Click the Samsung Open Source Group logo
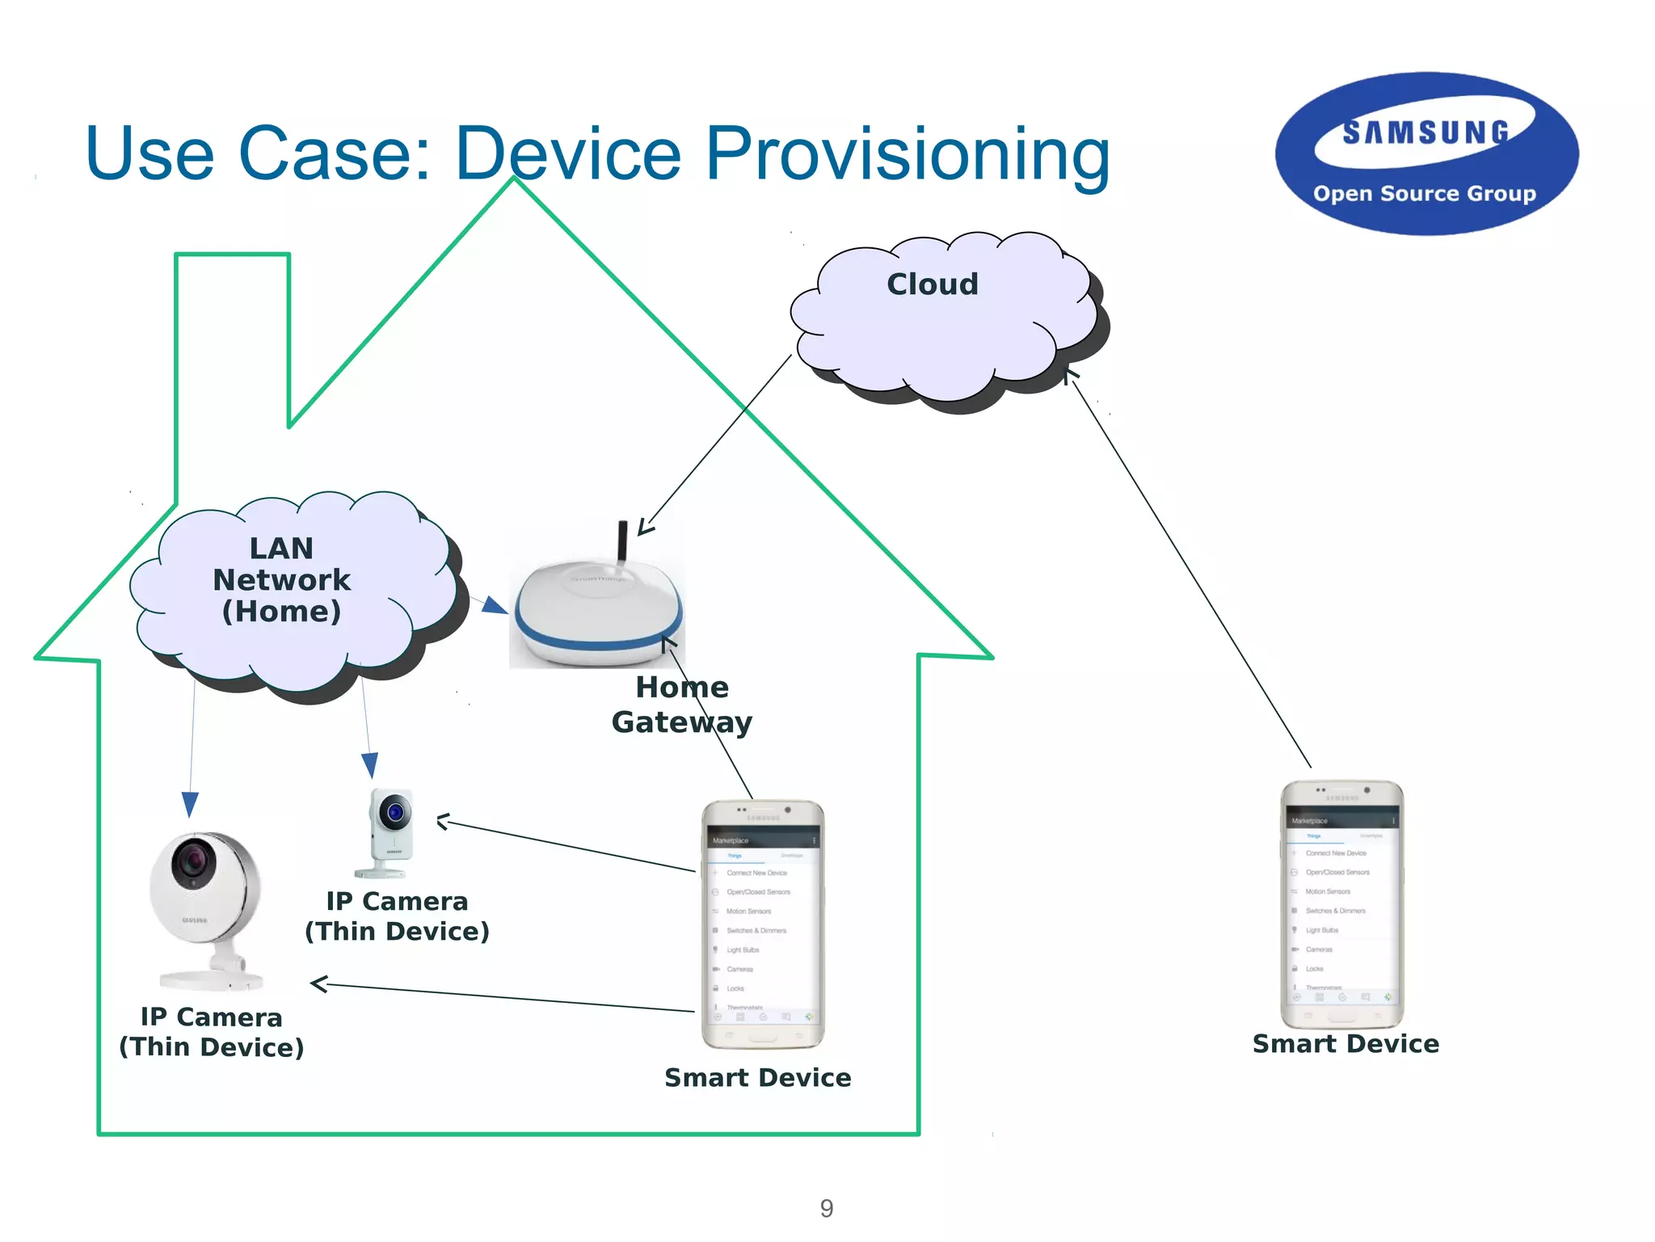point(1426,154)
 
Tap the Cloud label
point(933,284)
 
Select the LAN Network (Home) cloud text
point(281,580)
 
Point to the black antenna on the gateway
point(622,540)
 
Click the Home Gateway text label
point(682,705)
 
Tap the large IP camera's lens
point(193,861)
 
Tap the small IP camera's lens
point(395,811)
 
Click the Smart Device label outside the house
point(1345,1044)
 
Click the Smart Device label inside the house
point(757,1078)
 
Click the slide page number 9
point(826,1208)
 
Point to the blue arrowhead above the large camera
point(190,803)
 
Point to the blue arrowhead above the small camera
point(369,764)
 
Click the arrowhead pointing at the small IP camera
point(443,823)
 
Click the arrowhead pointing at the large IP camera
point(318,984)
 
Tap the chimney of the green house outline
point(233,339)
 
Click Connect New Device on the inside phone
point(756,873)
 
